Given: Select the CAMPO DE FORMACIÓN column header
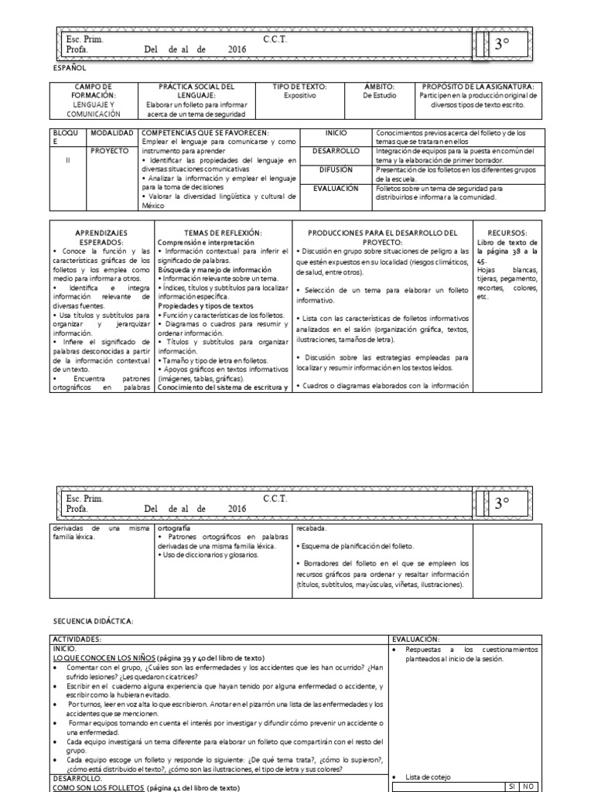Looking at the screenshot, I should (x=94, y=91).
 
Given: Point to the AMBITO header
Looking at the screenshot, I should (x=379, y=87).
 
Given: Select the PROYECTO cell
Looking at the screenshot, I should (x=110, y=151).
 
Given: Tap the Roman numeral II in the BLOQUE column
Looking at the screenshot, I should (x=68, y=160).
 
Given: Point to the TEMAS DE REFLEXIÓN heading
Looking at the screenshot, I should (x=223, y=233).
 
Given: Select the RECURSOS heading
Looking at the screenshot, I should (x=507, y=233).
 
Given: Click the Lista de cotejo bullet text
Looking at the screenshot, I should (x=426, y=777).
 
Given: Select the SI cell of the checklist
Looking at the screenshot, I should (x=511, y=787).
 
